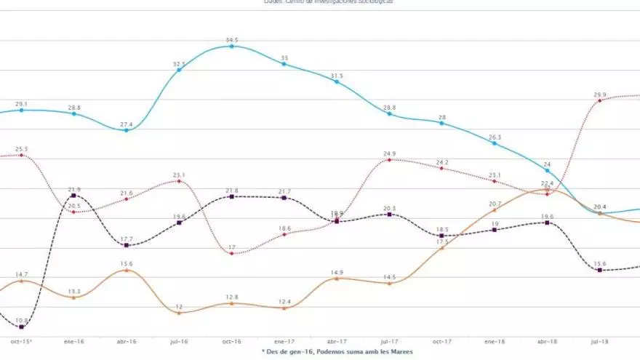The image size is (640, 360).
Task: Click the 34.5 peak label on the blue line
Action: click(x=232, y=39)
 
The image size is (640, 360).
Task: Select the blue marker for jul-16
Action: click(x=179, y=70)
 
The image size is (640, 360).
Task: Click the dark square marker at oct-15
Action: click(x=22, y=327)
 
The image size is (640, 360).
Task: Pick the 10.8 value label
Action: click(x=22, y=320)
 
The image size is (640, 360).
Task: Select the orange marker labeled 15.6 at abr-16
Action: click(x=127, y=271)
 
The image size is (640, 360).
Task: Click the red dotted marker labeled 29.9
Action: click(x=600, y=101)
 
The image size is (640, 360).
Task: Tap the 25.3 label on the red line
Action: click(x=22, y=148)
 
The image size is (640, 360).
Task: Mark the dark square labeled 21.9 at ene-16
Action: click(x=74, y=196)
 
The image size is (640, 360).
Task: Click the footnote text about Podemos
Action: click(x=337, y=352)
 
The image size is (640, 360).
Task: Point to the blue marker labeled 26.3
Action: click(x=495, y=143)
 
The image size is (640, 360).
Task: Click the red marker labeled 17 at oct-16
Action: click(x=232, y=253)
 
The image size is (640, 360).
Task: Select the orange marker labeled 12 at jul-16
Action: click(x=179, y=313)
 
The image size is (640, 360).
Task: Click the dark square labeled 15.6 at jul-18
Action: click(x=600, y=271)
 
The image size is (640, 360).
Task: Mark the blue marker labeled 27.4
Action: click(x=127, y=130)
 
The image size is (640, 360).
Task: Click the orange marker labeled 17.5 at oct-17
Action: click(x=442, y=248)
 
